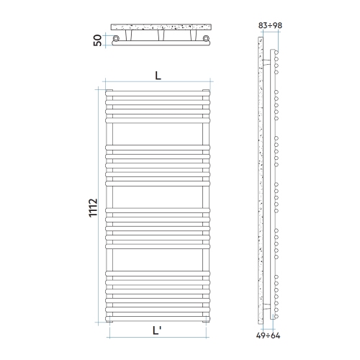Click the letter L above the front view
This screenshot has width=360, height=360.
(x=158, y=75)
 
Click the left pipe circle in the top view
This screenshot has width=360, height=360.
(x=116, y=38)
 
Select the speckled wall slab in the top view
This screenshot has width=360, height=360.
(x=161, y=28)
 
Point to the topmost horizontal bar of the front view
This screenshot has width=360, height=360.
(x=158, y=93)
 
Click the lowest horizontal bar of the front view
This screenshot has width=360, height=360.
(x=158, y=315)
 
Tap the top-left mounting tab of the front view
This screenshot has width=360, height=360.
(x=109, y=90)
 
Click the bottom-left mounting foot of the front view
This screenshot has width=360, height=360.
(x=109, y=320)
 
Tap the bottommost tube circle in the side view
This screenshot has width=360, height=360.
(x=276, y=312)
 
